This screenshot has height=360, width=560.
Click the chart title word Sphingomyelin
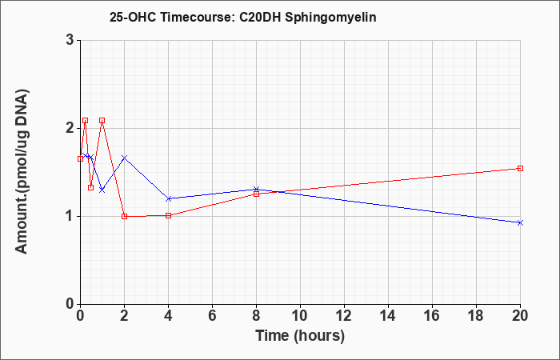(330, 18)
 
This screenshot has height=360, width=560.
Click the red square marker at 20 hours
(520, 168)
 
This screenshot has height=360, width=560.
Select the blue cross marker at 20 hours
(520, 223)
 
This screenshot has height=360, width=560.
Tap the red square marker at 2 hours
(124, 216)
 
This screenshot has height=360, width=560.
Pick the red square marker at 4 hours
(169, 215)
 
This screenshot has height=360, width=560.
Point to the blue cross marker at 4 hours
(169, 198)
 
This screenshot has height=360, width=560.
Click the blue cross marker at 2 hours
(124, 158)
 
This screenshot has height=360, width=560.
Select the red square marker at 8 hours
(257, 194)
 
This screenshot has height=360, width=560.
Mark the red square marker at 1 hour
(102, 120)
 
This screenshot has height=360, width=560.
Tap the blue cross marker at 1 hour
(102, 190)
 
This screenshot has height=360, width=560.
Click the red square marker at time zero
(80, 158)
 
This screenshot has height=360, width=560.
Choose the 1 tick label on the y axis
(70, 217)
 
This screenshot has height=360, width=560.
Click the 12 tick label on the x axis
(344, 316)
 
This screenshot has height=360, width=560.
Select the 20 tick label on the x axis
(520, 316)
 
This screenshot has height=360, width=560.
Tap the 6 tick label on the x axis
(213, 316)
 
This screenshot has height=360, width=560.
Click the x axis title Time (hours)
(300, 336)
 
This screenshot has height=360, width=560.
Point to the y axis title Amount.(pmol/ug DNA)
(22, 172)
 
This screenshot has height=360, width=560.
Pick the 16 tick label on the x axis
(433, 316)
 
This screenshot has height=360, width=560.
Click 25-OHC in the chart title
(133, 18)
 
